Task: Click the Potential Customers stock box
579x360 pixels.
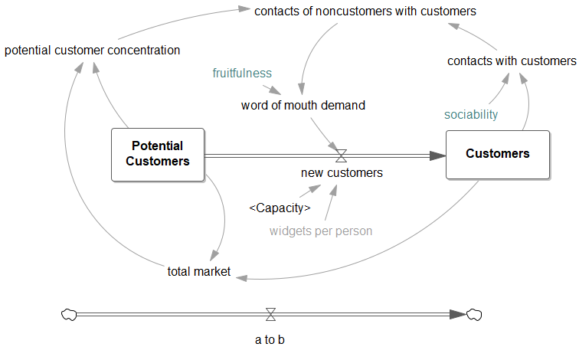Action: [x=158, y=154]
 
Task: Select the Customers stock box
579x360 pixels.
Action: [x=498, y=154]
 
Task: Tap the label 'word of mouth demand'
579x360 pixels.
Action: [x=303, y=105]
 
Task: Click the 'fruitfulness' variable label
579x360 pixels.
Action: [x=242, y=73]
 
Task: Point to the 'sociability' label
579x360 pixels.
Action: [x=471, y=114]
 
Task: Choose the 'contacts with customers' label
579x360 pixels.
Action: [x=512, y=61]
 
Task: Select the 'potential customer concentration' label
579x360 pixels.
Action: [x=93, y=51]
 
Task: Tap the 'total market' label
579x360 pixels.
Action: [x=198, y=271]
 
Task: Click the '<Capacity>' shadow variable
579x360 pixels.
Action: [x=280, y=208]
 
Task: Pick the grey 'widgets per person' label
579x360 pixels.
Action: [x=321, y=231]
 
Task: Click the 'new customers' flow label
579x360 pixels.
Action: [x=342, y=173]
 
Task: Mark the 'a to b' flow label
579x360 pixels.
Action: [x=270, y=339]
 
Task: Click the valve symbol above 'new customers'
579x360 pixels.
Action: [x=342, y=155]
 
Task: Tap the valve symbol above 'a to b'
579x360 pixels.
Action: [x=270, y=314]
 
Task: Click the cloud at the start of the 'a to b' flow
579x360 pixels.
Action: [x=69, y=314]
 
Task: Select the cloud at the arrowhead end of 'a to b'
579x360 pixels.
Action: [x=475, y=314]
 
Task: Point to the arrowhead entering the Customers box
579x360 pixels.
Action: [x=438, y=155]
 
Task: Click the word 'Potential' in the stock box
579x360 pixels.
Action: [x=157, y=146]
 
